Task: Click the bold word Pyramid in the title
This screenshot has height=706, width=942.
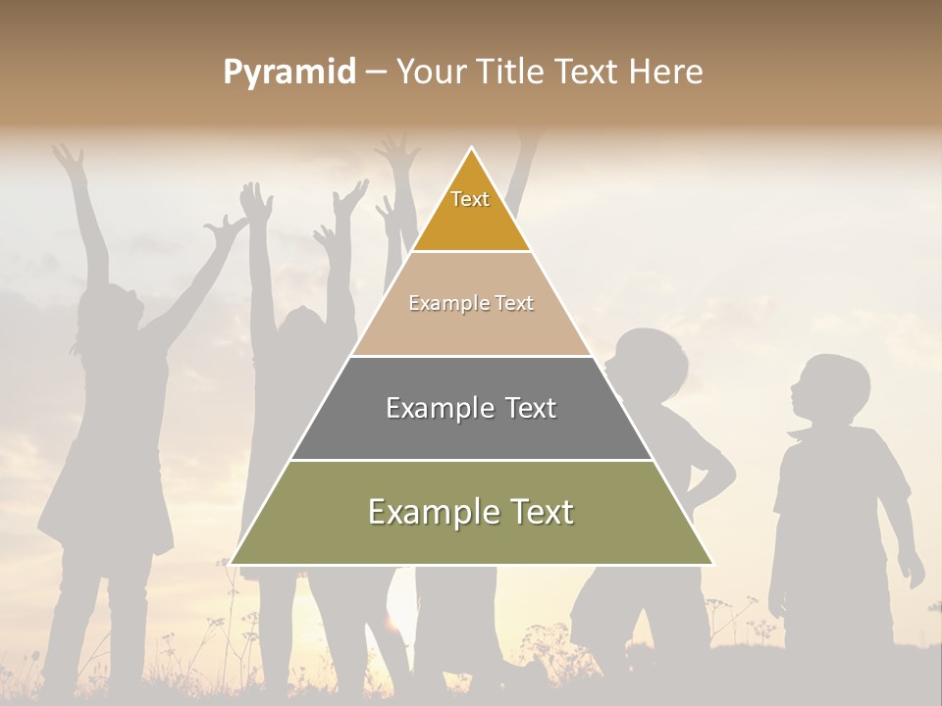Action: point(289,73)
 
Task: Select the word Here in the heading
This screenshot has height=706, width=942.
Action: point(666,73)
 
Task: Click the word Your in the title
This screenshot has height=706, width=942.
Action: point(432,73)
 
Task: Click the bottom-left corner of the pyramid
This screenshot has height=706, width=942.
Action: point(232,563)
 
